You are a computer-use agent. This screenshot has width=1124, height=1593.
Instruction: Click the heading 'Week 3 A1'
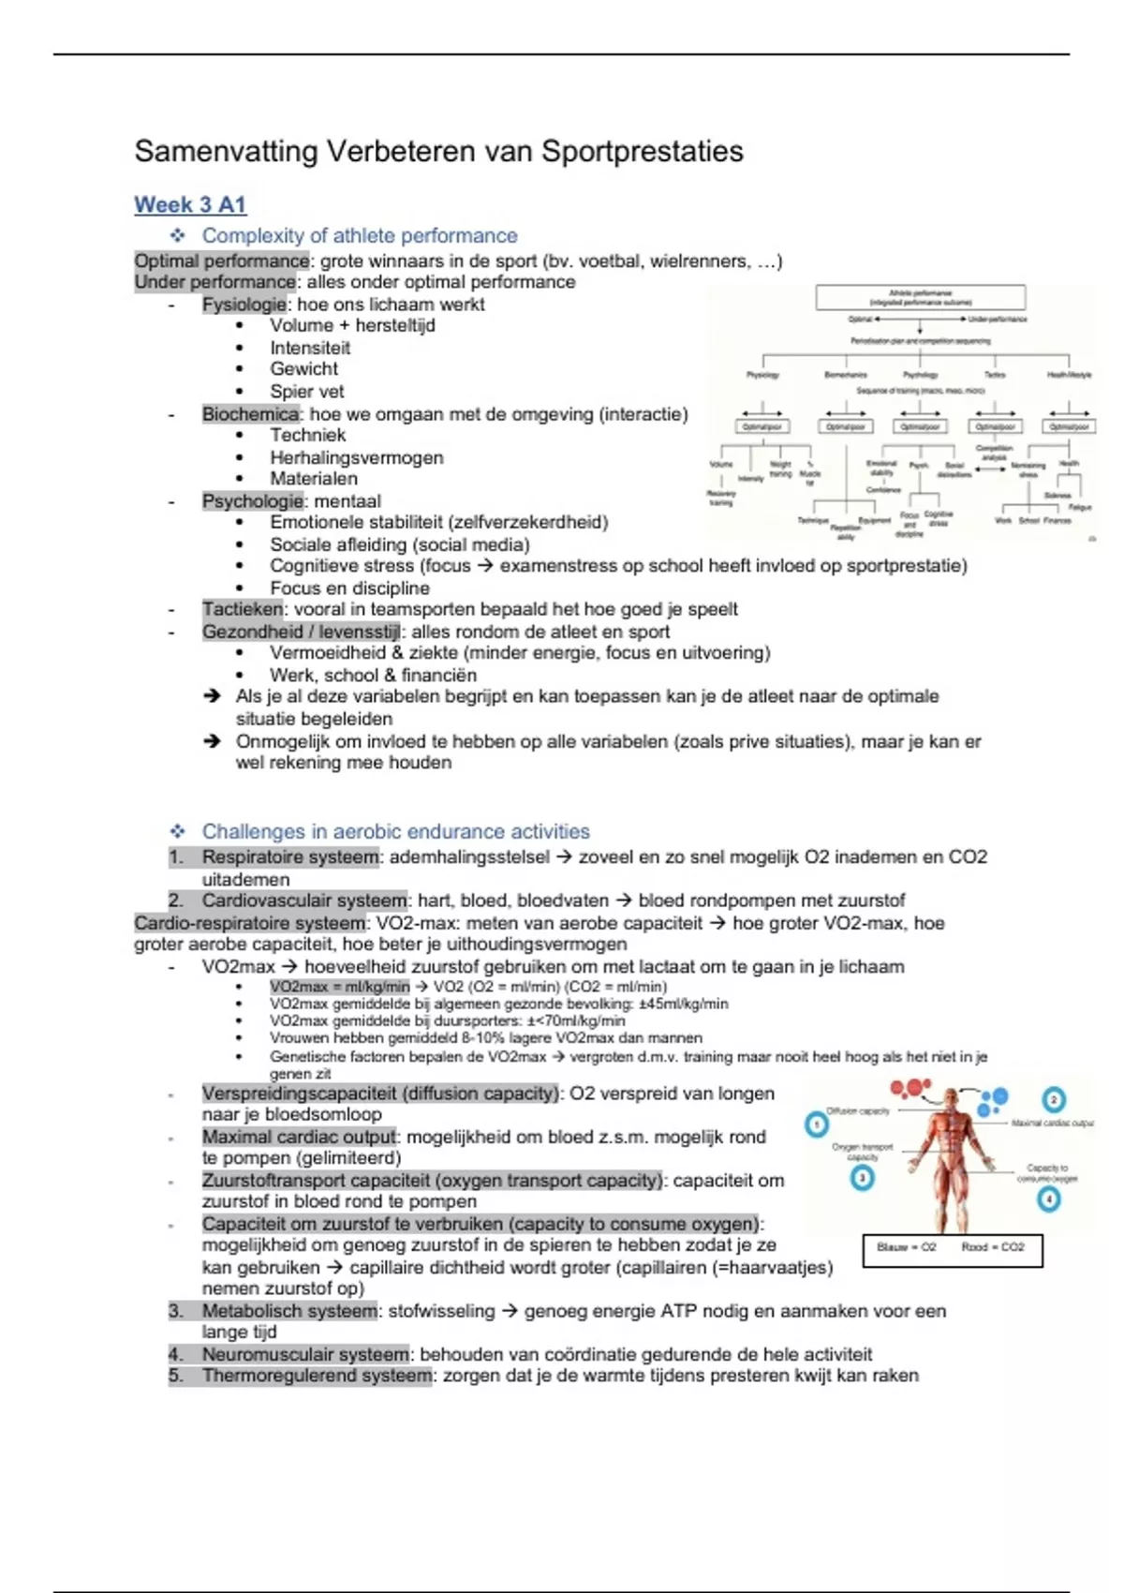(x=190, y=204)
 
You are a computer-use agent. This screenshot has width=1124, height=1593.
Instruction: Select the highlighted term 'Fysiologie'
(x=244, y=305)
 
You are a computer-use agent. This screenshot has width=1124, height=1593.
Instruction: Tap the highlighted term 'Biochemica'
(x=250, y=414)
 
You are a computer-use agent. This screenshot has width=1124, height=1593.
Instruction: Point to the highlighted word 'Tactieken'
(x=243, y=609)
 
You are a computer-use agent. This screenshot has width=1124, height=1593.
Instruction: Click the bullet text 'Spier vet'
(x=307, y=392)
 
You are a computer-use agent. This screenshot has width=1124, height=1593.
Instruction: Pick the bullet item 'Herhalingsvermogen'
(x=357, y=457)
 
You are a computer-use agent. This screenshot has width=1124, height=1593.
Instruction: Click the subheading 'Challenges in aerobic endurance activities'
(x=395, y=831)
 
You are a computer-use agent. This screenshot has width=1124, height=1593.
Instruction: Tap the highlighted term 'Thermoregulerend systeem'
(x=317, y=1376)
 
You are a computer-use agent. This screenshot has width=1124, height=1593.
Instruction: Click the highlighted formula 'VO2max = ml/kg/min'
(x=340, y=987)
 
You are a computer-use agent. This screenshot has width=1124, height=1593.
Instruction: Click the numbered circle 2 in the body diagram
(x=1054, y=1099)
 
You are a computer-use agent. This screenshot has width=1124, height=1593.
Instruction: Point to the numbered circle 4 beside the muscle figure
(x=1049, y=1198)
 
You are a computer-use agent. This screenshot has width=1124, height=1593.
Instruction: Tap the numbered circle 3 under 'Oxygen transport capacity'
(x=862, y=1178)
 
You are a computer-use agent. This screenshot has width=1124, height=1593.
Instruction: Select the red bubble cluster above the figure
(x=910, y=1089)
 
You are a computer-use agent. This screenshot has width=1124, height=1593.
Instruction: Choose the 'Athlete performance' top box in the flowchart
(x=920, y=297)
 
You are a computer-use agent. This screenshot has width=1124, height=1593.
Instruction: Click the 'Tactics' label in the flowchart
(x=995, y=375)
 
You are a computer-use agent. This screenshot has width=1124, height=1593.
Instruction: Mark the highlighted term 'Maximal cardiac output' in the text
(x=299, y=1137)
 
